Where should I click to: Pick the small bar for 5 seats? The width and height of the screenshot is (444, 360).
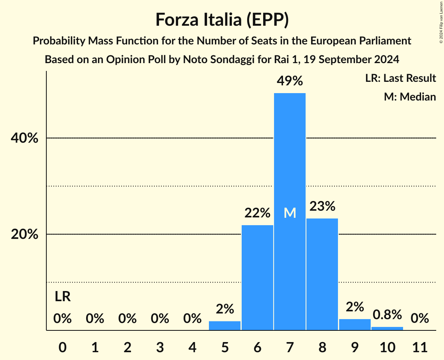(225, 326)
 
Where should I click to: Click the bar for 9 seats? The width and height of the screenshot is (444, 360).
(355, 325)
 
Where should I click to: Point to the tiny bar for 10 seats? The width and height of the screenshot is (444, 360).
(387, 328)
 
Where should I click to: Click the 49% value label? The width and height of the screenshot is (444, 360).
(290, 81)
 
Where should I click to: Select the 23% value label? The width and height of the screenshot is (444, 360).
(322, 206)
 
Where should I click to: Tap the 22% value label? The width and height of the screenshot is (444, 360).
(257, 213)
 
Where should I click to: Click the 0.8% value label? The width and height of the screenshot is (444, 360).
(387, 314)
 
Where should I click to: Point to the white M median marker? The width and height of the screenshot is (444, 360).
(290, 213)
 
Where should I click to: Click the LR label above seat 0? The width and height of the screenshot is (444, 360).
(62, 297)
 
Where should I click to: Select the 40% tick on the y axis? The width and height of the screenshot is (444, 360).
(27, 138)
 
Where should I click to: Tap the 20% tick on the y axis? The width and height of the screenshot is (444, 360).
(27, 235)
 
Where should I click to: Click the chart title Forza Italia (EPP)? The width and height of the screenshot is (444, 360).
(222, 19)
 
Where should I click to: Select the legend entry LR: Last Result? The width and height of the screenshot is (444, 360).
(400, 78)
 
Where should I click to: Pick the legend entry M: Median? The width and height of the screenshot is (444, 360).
(410, 97)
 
